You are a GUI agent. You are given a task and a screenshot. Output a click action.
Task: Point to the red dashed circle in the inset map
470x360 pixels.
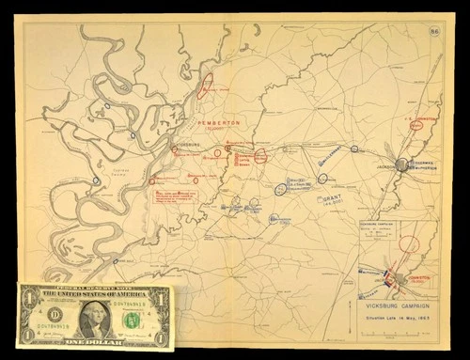(408, 247)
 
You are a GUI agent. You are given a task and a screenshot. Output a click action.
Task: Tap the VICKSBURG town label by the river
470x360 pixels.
(187, 146)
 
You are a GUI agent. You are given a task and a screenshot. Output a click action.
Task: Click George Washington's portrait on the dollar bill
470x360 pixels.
(95, 318)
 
